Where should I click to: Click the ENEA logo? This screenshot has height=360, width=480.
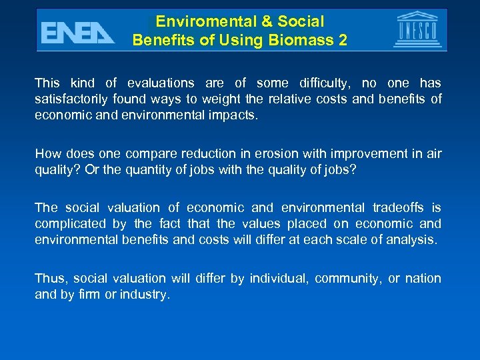tap(77, 31)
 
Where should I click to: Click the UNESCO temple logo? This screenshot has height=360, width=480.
tap(417, 30)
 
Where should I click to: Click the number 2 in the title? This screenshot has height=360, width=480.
tap(343, 40)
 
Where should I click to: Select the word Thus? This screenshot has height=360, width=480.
tap(50, 279)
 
